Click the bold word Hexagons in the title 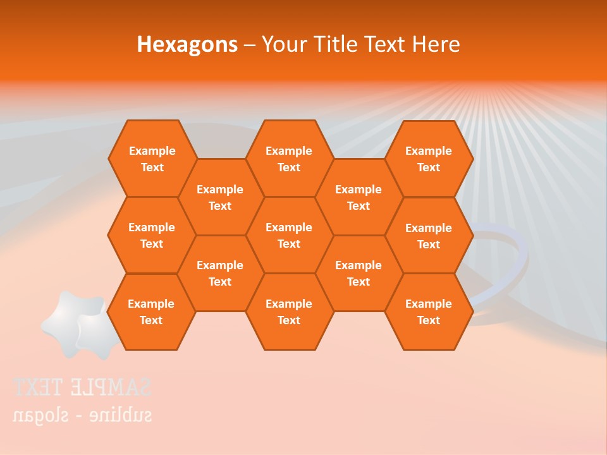coord(187,44)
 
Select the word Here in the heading coord(436,44)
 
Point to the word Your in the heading coord(283,44)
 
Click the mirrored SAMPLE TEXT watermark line coord(82,387)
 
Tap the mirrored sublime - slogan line coord(82,415)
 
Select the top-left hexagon coord(152,159)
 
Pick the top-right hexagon coord(429,159)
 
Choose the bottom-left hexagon coord(151,312)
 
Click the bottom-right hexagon coord(429,312)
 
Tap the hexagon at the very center coord(289,235)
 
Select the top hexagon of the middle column coord(289,159)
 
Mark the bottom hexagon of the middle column coord(289,312)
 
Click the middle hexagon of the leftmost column coord(152,235)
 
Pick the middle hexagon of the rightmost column coord(429,236)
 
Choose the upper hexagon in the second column coord(220,197)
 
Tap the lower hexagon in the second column coord(220,273)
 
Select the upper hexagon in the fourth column coord(359,197)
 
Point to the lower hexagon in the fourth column coord(359,273)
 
